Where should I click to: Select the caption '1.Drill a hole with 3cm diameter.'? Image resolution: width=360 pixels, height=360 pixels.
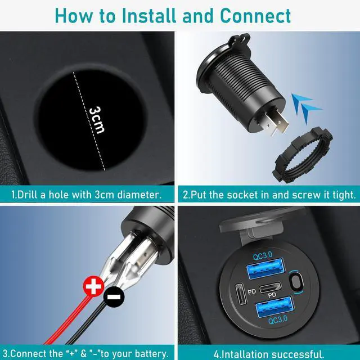[x=87, y=195]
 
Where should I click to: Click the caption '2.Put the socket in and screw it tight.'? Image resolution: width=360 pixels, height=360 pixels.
[x=269, y=195]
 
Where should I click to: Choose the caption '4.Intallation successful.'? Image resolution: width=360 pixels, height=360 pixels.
[x=269, y=354]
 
